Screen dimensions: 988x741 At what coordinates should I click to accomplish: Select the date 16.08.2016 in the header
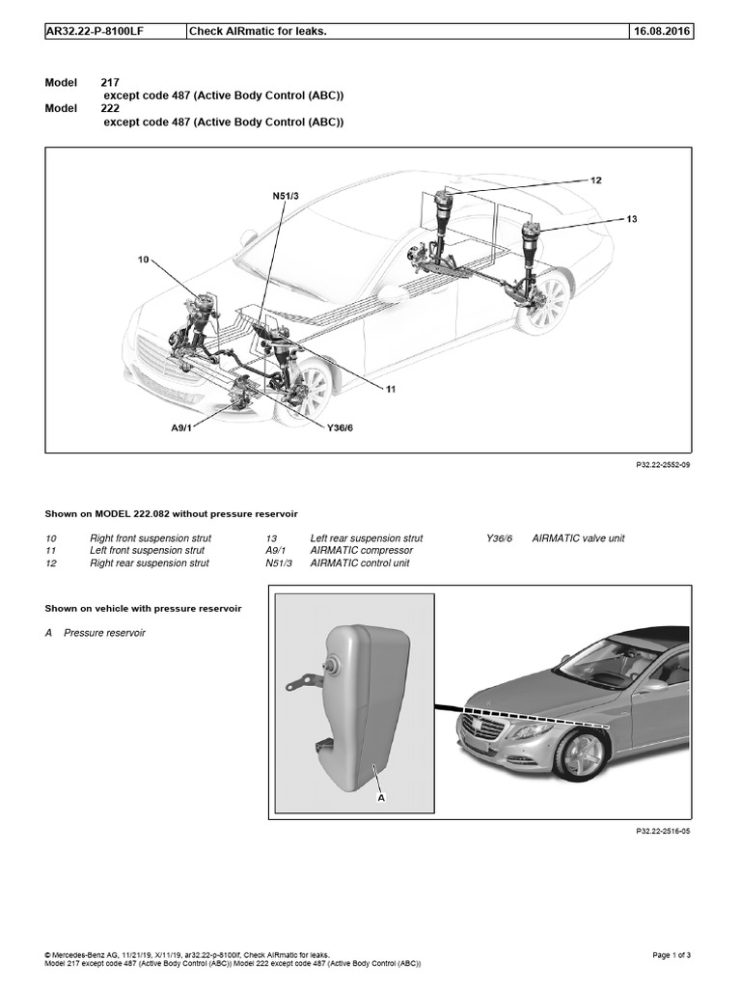click(662, 32)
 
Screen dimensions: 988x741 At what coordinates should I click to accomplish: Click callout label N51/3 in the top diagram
click(287, 197)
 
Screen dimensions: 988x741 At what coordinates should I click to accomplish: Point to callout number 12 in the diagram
click(595, 180)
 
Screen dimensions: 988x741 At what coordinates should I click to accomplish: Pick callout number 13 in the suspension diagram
click(632, 219)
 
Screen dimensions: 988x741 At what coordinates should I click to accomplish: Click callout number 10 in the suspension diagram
click(145, 260)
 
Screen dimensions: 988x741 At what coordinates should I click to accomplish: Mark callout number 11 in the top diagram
click(391, 390)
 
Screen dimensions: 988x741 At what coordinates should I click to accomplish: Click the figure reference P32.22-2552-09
click(664, 465)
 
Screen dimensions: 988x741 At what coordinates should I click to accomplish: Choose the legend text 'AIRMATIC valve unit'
click(578, 538)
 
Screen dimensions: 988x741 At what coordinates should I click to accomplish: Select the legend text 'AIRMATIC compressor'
click(361, 551)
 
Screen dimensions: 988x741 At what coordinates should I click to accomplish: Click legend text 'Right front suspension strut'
click(151, 538)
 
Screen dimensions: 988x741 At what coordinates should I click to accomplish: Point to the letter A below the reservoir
click(382, 798)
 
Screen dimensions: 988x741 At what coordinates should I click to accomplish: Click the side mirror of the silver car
click(656, 685)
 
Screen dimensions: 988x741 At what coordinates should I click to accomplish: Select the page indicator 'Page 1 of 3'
click(672, 955)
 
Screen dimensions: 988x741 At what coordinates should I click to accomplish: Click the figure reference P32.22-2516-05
click(664, 831)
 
